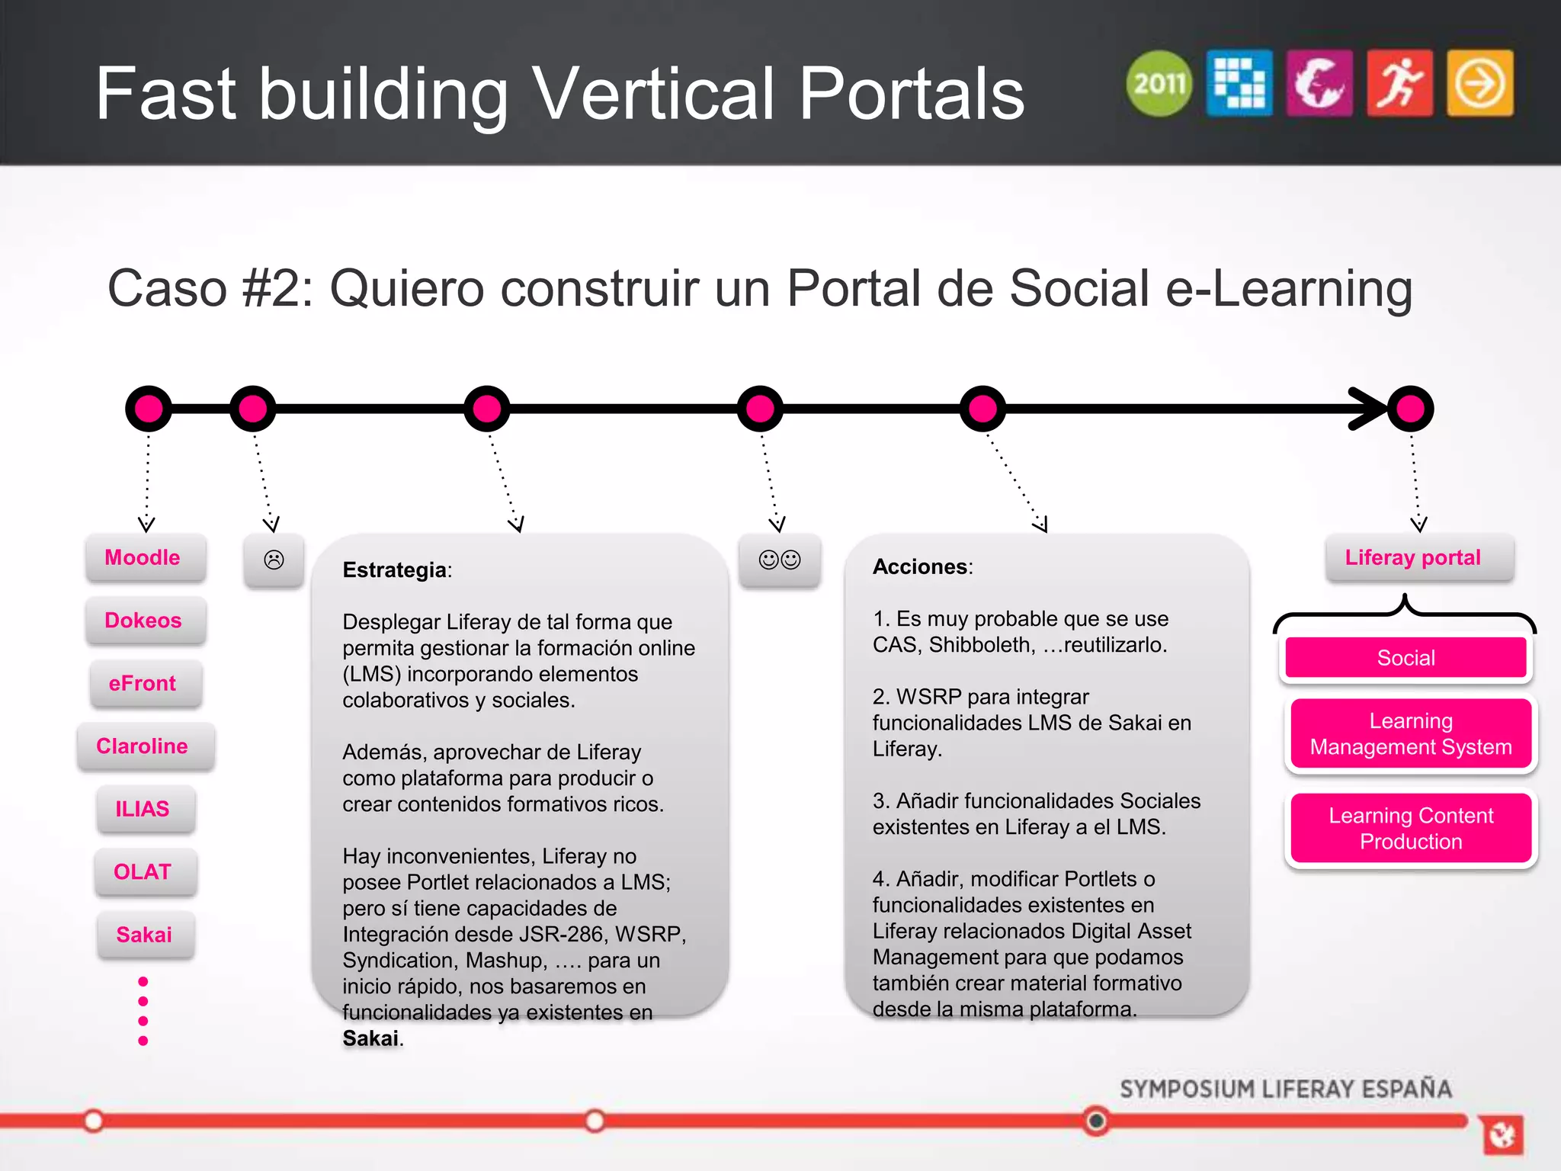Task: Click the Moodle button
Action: click(x=143, y=558)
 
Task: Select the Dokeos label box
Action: click(x=143, y=621)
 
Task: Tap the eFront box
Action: click(x=143, y=683)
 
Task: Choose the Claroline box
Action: click(x=143, y=746)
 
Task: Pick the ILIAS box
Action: click(x=143, y=809)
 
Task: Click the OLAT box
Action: click(x=143, y=872)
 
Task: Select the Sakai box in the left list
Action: click(x=144, y=935)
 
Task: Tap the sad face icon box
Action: click(x=274, y=560)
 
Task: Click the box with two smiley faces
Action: click(x=780, y=560)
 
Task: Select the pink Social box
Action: click(x=1406, y=658)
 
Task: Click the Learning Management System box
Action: click(x=1411, y=734)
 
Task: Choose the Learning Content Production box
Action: click(x=1411, y=829)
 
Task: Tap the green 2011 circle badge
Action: click(x=1159, y=83)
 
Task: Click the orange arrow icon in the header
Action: click(x=1479, y=83)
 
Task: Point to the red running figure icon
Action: click(x=1399, y=83)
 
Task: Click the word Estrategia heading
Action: click(x=395, y=570)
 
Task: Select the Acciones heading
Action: click(x=920, y=567)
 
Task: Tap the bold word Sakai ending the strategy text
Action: click(x=370, y=1038)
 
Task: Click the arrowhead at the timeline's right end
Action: click(x=1368, y=409)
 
